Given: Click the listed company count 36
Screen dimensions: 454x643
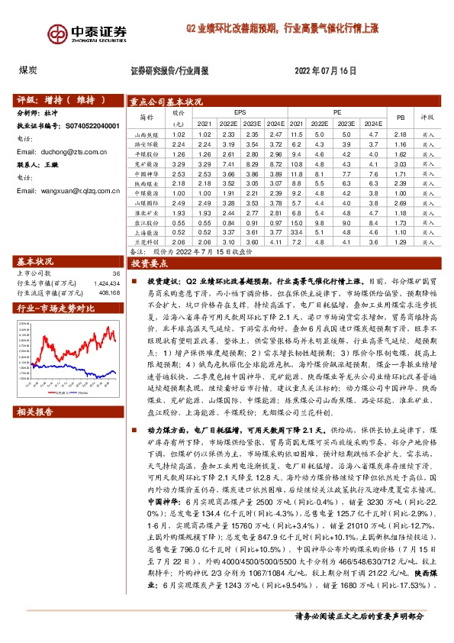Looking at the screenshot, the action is [116, 273].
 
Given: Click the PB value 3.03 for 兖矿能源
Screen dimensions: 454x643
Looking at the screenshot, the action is [398, 163].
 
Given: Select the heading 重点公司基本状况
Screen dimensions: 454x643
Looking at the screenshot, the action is [166, 100].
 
